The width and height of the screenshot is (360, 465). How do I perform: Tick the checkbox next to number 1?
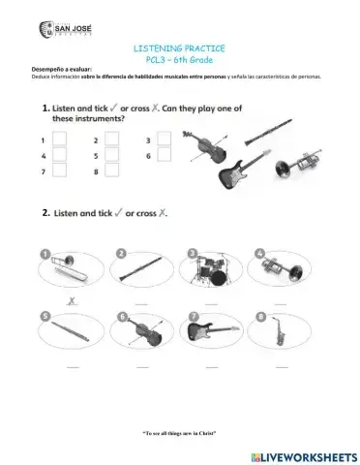click(x=59, y=139)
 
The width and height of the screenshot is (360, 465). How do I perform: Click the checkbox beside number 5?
click(x=111, y=155)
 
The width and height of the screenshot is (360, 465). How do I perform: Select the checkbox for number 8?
click(x=111, y=171)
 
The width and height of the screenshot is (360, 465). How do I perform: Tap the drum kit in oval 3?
click(x=206, y=269)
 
